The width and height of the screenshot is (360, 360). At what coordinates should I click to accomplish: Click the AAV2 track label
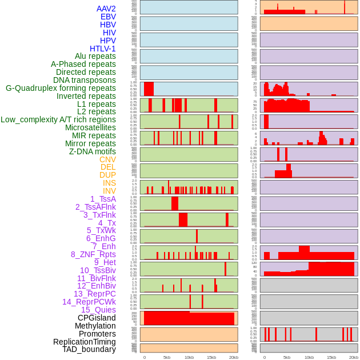106,9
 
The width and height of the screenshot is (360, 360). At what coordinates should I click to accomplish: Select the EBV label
108,17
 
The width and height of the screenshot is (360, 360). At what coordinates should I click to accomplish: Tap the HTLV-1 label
103,49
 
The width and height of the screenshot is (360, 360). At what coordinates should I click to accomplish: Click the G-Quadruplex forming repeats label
61,89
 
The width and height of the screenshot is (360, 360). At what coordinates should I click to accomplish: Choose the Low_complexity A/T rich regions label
58,119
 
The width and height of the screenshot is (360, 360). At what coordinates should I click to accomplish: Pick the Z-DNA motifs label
93,151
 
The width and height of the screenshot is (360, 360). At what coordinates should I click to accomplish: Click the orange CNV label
107,159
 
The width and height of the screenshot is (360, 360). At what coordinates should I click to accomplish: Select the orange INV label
109,191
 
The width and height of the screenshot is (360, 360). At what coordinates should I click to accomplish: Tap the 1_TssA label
103,199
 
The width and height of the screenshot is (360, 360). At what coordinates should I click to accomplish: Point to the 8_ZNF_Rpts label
93,254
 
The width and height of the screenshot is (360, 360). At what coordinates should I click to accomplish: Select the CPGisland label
97,318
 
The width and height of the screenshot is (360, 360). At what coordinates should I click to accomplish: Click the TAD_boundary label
89,349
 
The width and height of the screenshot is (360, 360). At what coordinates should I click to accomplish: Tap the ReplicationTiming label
85,342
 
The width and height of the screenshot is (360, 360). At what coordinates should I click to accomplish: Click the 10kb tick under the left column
189,357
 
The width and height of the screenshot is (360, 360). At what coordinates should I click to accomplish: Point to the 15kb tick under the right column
331,357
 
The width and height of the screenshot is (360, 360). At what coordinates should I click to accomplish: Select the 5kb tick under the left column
167,357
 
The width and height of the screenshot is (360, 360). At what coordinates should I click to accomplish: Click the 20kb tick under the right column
354,357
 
